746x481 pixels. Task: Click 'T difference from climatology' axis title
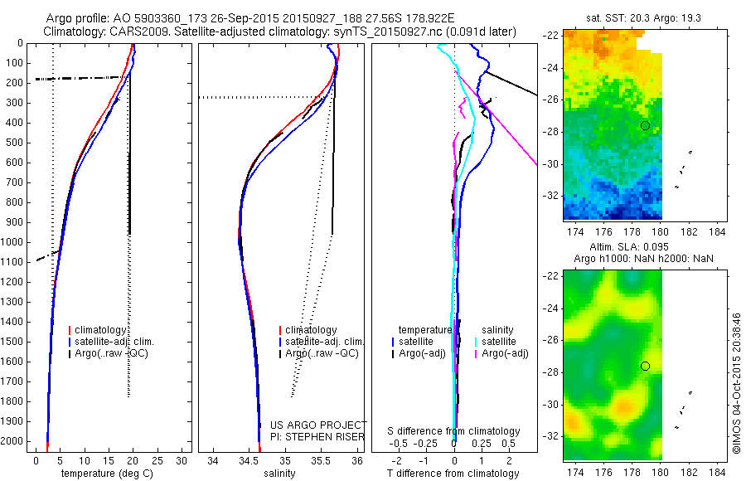(x=453, y=474)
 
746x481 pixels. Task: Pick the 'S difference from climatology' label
(x=453, y=431)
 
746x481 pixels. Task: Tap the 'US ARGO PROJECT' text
(x=317, y=424)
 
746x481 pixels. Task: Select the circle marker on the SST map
(x=645, y=125)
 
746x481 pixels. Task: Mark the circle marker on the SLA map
(x=645, y=366)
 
